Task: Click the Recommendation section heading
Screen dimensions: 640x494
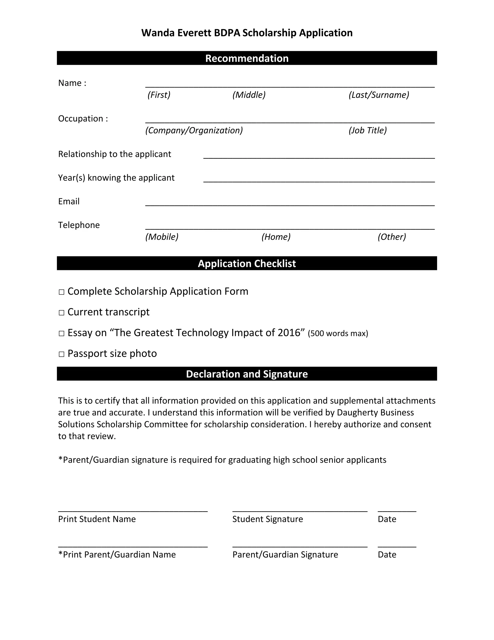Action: pyautogui.click(x=247, y=58)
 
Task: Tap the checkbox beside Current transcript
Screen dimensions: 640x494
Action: pyautogui.click(x=62, y=313)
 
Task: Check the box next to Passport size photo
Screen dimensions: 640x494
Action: pyautogui.click(x=62, y=354)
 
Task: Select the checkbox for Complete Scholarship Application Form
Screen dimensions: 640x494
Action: pyautogui.click(x=62, y=292)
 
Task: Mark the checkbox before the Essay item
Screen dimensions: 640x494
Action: pyautogui.click(x=62, y=334)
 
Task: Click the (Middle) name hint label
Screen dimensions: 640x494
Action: pyautogui.click(x=249, y=95)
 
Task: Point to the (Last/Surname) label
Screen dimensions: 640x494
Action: pyautogui.click(x=379, y=95)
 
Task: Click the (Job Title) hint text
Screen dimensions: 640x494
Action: pyautogui.click(x=368, y=130)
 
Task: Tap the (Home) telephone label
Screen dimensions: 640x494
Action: pyautogui.click(x=276, y=236)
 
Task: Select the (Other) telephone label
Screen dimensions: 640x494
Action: pyautogui.click(x=391, y=236)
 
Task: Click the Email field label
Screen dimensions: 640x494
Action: pyautogui.click(x=69, y=201)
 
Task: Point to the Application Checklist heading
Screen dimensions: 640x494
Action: pyautogui.click(x=247, y=263)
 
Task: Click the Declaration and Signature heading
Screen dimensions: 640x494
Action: pyautogui.click(x=247, y=374)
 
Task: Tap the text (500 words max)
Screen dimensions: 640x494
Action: pyautogui.click(x=338, y=334)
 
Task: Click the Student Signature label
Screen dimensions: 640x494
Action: pyautogui.click(x=268, y=519)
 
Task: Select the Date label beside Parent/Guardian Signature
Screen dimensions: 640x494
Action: pyautogui.click(x=387, y=555)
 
